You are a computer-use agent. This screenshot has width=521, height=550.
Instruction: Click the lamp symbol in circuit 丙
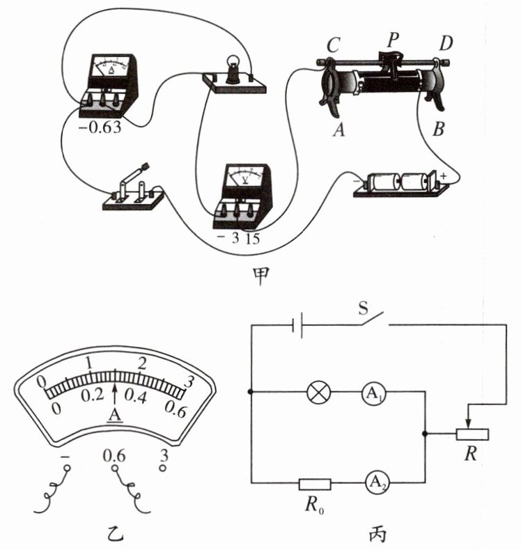318,393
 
